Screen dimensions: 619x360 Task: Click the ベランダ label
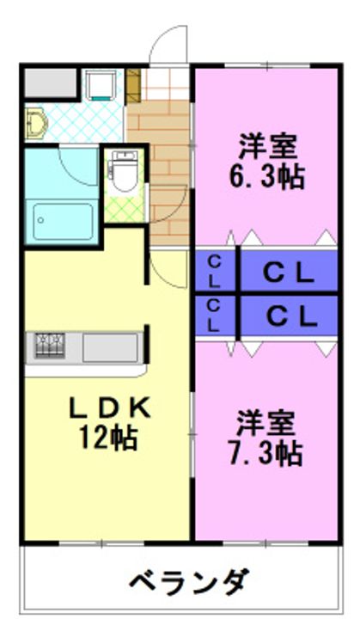tap(191, 582)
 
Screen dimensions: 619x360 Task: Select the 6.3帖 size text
tap(266, 175)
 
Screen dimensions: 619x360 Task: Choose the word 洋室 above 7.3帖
tap(266, 421)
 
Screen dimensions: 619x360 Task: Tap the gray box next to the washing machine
tap(50, 83)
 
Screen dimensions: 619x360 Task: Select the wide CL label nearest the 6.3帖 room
tap(288, 272)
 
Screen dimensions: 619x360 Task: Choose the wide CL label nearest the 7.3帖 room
tap(288, 316)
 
